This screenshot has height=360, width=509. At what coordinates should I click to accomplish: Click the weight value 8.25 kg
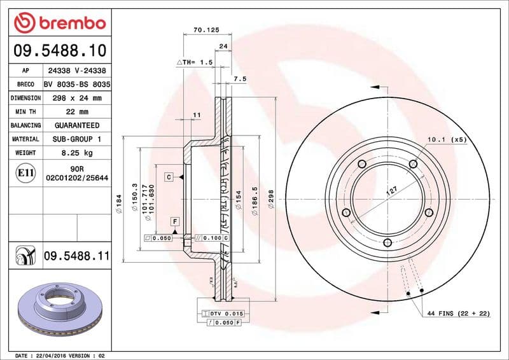[77, 153]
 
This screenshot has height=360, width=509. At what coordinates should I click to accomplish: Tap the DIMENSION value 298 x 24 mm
[77, 98]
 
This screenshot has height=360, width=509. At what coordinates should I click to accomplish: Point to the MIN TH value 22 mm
[77, 112]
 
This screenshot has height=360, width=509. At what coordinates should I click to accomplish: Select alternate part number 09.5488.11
[76, 257]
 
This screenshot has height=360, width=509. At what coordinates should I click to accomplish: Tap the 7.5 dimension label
[239, 79]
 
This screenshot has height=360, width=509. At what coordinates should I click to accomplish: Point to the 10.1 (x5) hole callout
[447, 139]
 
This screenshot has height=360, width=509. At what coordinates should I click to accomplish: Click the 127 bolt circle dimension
[393, 190]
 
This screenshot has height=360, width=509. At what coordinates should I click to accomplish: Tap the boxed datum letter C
[169, 177]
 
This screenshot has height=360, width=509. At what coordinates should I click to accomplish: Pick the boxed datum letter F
[173, 221]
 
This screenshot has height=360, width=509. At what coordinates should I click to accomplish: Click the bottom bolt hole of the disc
[387, 242]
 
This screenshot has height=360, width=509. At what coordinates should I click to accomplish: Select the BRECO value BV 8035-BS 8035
[77, 85]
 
